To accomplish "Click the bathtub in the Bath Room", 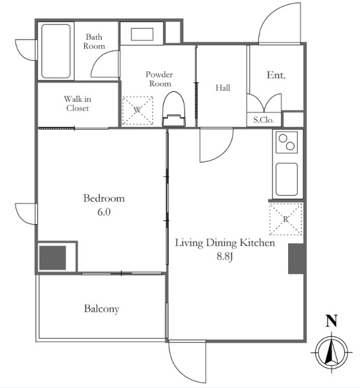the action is pyautogui.click(x=56, y=51).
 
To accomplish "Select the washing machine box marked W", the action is pyautogui.click(x=137, y=110).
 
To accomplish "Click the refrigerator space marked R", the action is pyautogui.click(x=286, y=219).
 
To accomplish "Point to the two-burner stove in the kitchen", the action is pyautogui.click(x=287, y=142).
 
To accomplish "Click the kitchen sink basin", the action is pyautogui.click(x=287, y=179).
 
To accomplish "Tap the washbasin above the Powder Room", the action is pyautogui.click(x=142, y=34).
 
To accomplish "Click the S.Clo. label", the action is pyautogui.click(x=264, y=120).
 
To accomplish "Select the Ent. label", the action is pyautogui.click(x=276, y=75).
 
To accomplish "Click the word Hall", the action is pyautogui.click(x=223, y=87).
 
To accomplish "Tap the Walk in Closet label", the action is pyautogui.click(x=78, y=104).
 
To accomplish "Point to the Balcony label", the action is pyautogui.click(x=102, y=309).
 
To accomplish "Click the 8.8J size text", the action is pyautogui.click(x=225, y=257).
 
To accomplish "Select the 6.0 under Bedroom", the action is pyautogui.click(x=104, y=212).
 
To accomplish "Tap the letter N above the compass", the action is pyautogui.click(x=332, y=321).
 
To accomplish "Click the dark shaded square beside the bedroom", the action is pyautogui.click(x=52, y=258).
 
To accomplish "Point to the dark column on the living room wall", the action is pyautogui.click(x=296, y=259).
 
